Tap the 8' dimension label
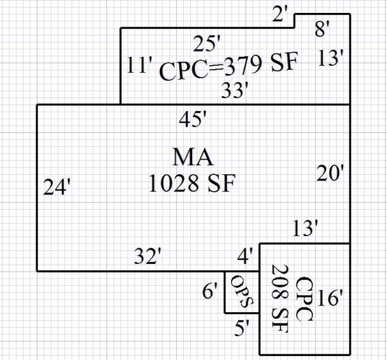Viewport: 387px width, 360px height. click(323, 29)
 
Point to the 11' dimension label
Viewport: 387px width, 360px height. click(139, 66)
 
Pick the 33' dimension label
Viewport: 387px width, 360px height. click(235, 90)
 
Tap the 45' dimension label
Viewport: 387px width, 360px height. click(193, 119)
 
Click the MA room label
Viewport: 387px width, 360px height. click(193, 157)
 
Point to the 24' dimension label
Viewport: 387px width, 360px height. click(56, 187)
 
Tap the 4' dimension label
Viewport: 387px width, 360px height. click(245, 257)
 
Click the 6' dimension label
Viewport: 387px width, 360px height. click(210, 292)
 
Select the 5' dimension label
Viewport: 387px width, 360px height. click(243, 328)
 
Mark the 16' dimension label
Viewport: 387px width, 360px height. click(331, 298)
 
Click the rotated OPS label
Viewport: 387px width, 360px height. click(240, 292)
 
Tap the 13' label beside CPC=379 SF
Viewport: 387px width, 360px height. click(333, 59)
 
